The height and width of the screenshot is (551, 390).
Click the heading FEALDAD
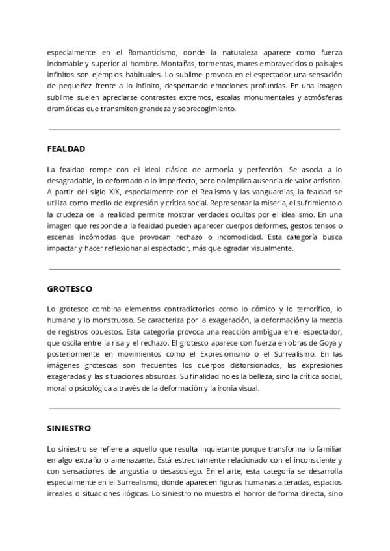click(x=66, y=149)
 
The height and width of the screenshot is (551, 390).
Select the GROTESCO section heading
click(x=69, y=288)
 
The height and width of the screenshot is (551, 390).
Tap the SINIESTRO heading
click(x=69, y=429)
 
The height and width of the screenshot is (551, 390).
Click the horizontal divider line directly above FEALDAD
click(x=194, y=129)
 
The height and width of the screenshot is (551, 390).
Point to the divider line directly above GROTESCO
click(x=194, y=268)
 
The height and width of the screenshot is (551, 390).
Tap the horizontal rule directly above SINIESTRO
click(x=194, y=409)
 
